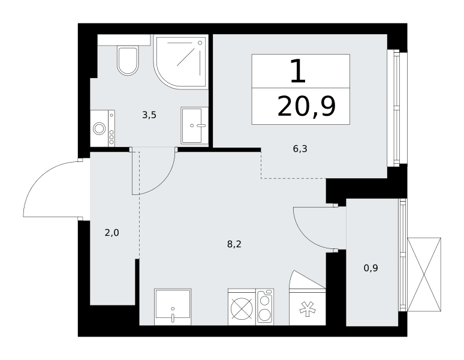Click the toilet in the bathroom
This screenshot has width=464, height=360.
[128, 61]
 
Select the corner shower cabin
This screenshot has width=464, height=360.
[180, 62]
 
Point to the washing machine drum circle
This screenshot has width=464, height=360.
[99, 129]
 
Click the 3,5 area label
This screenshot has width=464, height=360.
[149, 115]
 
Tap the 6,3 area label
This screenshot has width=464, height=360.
[300, 149]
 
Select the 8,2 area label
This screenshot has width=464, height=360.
[234, 244]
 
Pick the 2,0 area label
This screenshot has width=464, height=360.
[112, 233]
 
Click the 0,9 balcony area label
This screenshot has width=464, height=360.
[371, 268]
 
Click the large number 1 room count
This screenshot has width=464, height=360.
[298, 71]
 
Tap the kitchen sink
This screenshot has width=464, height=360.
[173, 307]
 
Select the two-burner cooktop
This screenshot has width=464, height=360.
[265, 307]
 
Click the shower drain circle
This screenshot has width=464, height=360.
[200, 43]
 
